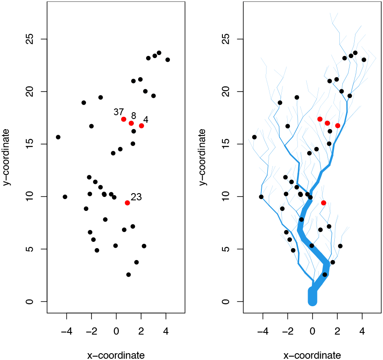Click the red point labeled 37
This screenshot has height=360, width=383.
tap(124, 119)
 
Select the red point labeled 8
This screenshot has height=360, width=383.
tap(131, 123)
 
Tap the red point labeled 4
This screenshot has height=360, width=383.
tap(142, 126)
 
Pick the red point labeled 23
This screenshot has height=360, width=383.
tap(127, 203)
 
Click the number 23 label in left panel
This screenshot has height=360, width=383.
tap(136, 197)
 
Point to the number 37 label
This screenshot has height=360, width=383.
tap(119, 112)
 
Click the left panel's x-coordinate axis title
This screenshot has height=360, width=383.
tap(116, 355)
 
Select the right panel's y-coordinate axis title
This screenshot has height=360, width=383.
tap(204, 158)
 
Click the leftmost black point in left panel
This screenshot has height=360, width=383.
tap(58, 137)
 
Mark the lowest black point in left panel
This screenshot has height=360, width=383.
tap(128, 275)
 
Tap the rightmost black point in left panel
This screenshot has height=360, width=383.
tap(167, 60)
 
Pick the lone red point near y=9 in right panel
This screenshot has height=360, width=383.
tap(324, 203)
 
